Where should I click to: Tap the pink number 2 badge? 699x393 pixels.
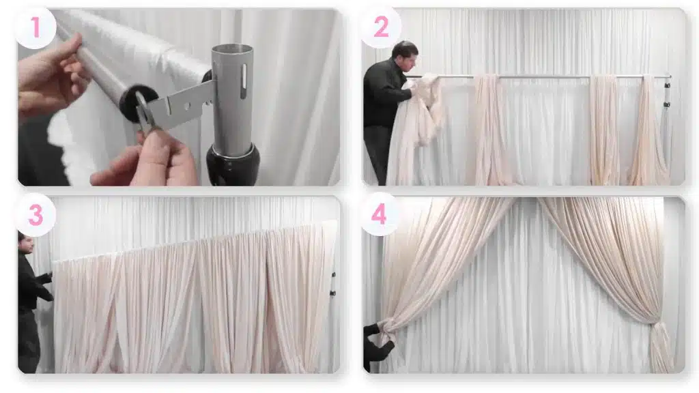click(x=380, y=27)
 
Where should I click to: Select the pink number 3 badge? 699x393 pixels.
click(x=35, y=216)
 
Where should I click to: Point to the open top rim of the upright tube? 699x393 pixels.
click(x=232, y=49)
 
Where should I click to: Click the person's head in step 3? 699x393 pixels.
click(x=25, y=242)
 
